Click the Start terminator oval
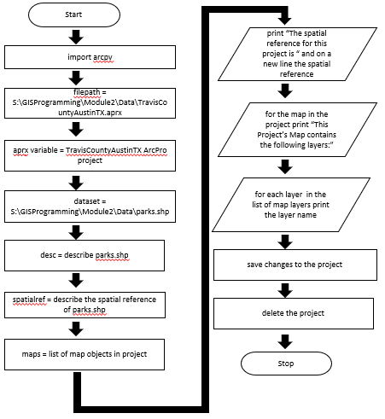point(74,15)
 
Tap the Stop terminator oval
point(286,364)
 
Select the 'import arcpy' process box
point(90,57)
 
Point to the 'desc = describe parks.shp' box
point(85,255)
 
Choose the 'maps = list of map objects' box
point(85,354)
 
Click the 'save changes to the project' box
point(295,265)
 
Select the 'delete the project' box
point(294,313)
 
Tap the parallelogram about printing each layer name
point(291,205)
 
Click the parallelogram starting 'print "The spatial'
point(297,54)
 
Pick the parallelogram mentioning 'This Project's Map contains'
point(297,130)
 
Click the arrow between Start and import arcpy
point(76,37)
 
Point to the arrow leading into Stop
point(285,341)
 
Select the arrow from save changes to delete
point(285,290)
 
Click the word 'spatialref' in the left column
point(29,300)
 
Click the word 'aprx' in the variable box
point(20,150)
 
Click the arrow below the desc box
point(76,280)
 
